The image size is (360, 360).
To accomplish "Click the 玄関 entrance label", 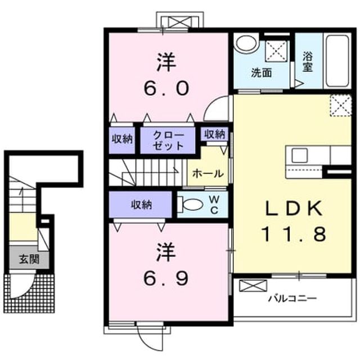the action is [29, 259].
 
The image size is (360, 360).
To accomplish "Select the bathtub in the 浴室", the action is [337, 61].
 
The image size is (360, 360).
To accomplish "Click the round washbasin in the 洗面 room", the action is [246, 43].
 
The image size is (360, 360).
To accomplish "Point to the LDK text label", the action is [294, 209].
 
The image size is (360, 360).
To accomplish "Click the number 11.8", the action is [294, 233].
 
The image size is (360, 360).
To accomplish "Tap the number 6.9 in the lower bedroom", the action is [166, 278].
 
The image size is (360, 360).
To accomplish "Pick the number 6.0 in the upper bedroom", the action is [166, 88].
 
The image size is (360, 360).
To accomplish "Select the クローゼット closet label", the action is [168, 140].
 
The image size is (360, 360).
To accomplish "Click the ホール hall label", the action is [208, 174].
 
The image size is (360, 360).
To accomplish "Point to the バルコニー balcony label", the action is [292, 299].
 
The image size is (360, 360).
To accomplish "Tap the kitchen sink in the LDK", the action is [299, 155].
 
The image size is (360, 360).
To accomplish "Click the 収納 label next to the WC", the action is [141, 205].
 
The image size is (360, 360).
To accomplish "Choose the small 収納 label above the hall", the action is [214, 134].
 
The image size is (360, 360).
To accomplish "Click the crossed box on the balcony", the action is [253, 286].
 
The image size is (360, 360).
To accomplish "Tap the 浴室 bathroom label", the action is [308, 61].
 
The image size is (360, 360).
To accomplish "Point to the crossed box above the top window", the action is [179, 22].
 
